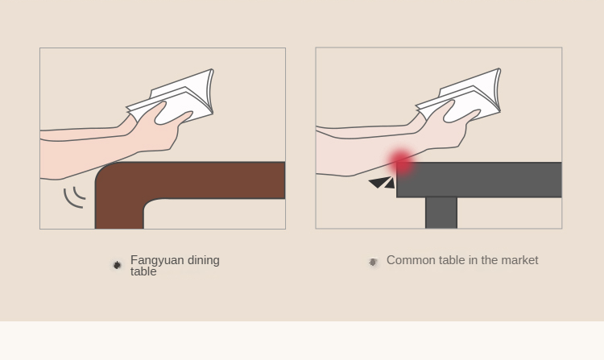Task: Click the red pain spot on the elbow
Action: point(401,162)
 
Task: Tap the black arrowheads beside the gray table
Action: point(382,183)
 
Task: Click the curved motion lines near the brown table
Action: point(73,197)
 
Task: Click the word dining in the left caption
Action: point(204,260)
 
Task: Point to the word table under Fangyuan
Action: point(143,271)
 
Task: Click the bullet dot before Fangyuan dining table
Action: point(117,265)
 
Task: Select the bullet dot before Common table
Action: point(373,263)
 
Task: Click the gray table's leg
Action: point(441,213)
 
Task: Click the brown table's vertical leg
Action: point(119,208)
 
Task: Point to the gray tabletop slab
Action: point(479,180)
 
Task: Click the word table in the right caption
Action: point(452,260)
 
